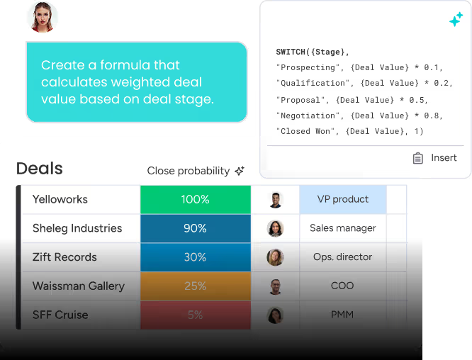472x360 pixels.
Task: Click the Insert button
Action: pyautogui.click(x=435, y=158)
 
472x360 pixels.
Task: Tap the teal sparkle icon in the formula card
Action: pyautogui.click(x=456, y=19)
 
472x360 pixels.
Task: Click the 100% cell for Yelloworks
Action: pyautogui.click(x=196, y=199)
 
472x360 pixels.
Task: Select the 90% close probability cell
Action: pyautogui.click(x=196, y=228)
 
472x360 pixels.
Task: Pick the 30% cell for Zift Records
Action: pyautogui.click(x=196, y=257)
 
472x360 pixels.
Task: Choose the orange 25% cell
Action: pyautogui.click(x=196, y=286)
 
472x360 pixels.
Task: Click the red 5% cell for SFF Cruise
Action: pyautogui.click(x=196, y=315)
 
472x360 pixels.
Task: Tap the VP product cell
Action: pyautogui.click(x=343, y=199)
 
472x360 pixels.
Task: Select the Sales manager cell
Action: pyautogui.click(x=343, y=228)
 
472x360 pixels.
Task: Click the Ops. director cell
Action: pyautogui.click(x=343, y=257)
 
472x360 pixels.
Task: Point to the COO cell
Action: pyautogui.click(x=343, y=286)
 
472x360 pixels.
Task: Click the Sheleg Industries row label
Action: pyautogui.click(x=77, y=228)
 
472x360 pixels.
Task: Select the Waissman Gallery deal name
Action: pyautogui.click(x=79, y=286)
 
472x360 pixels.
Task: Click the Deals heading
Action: pyautogui.click(x=40, y=168)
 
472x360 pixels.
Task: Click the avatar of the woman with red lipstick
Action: pyautogui.click(x=42, y=17)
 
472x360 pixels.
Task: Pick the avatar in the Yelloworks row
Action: pyautogui.click(x=276, y=200)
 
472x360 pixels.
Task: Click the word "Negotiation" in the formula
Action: pyautogui.click(x=308, y=116)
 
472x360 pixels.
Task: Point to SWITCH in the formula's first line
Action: pyautogui.click(x=291, y=52)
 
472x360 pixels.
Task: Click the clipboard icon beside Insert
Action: pyautogui.click(x=418, y=158)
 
